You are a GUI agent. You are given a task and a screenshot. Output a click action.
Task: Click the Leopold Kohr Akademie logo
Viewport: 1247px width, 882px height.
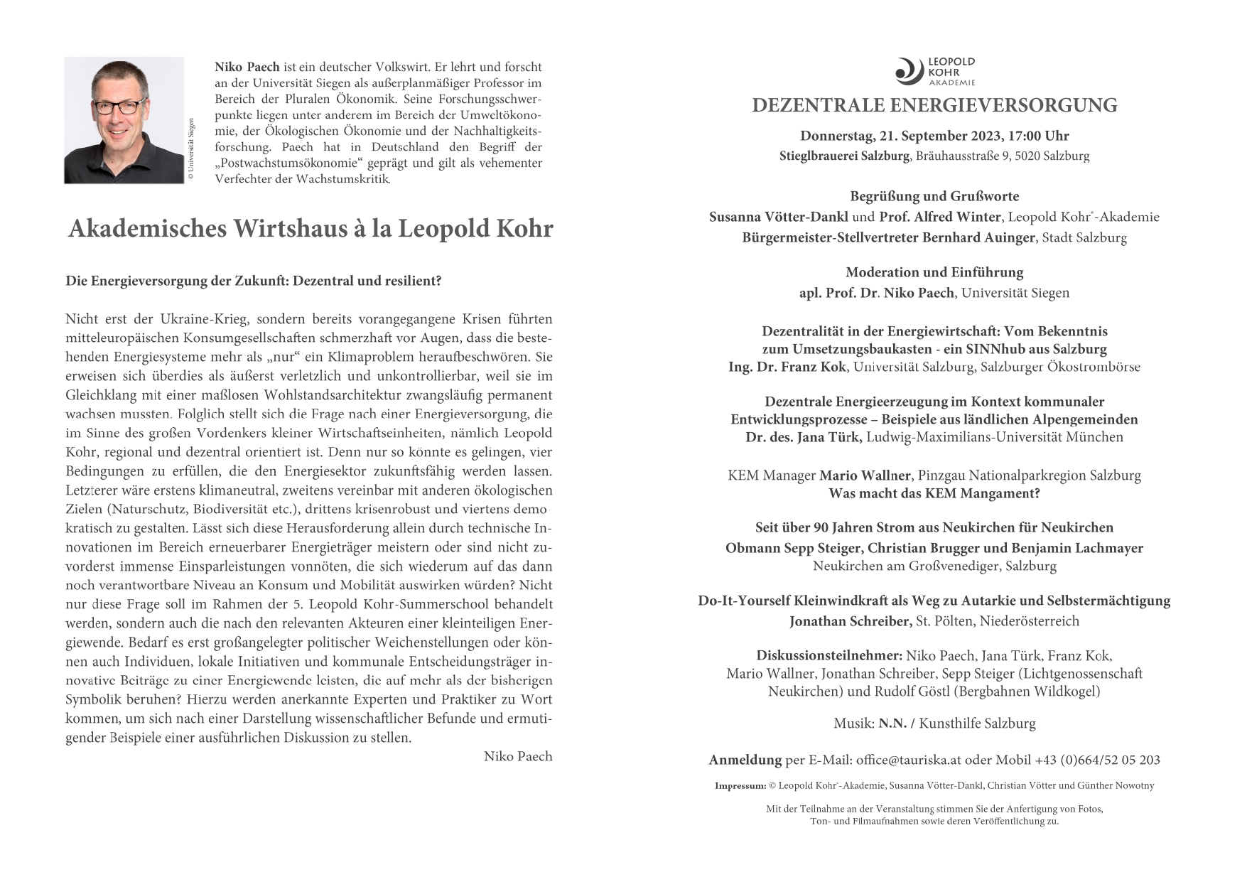click(x=934, y=72)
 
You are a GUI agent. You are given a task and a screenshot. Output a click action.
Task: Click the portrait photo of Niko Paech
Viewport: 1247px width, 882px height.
click(x=124, y=120)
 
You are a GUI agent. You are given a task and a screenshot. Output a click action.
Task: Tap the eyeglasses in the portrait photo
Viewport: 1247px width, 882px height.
click(x=119, y=107)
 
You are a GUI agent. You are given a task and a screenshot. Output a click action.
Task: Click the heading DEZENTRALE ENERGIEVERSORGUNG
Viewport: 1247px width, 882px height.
click(x=934, y=106)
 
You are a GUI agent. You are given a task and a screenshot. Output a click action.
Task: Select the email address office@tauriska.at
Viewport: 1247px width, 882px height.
click(x=908, y=760)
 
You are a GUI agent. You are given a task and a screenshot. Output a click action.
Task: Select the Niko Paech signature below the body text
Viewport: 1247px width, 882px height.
click(x=517, y=756)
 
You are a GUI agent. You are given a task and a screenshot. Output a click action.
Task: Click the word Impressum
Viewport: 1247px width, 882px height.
click(x=740, y=786)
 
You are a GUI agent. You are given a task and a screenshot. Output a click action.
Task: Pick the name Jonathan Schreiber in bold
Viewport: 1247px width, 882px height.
click(x=850, y=621)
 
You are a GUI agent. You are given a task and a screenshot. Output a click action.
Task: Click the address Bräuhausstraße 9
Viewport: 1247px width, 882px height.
click(x=963, y=156)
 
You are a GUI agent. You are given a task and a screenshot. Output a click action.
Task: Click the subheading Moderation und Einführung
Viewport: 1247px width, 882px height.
click(x=934, y=272)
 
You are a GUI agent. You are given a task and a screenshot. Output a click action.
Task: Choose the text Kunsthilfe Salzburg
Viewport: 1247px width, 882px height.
click(x=977, y=724)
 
